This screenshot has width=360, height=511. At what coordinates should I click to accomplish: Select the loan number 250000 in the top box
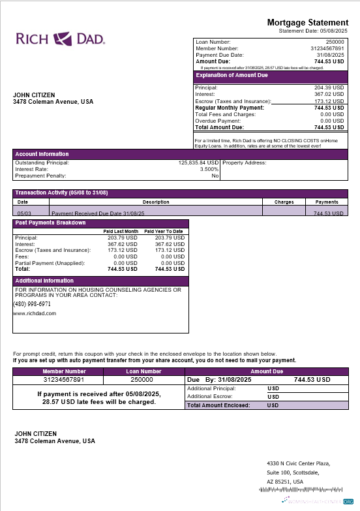335,42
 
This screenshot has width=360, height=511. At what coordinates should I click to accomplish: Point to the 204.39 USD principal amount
329,87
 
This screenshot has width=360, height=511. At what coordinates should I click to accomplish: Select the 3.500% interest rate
207,169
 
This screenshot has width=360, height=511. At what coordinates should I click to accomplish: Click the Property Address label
244,163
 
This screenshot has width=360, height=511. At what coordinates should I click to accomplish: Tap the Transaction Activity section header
61,193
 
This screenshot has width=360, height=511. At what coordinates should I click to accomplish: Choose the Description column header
156,202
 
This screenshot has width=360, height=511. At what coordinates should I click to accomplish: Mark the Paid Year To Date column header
163,232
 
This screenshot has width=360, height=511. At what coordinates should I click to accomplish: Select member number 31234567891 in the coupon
64,379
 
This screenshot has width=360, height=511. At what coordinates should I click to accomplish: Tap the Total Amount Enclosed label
218,405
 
